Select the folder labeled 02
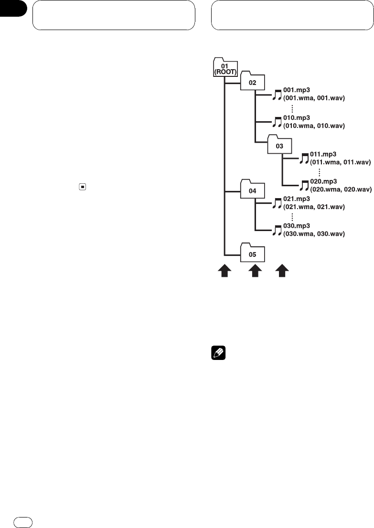coord(252,82)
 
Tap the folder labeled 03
coord(279,145)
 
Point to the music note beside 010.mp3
coord(278,122)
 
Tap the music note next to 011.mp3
coord(304,158)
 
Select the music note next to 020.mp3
coord(304,185)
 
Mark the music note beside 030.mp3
coord(278,230)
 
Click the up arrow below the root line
coord(224,272)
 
